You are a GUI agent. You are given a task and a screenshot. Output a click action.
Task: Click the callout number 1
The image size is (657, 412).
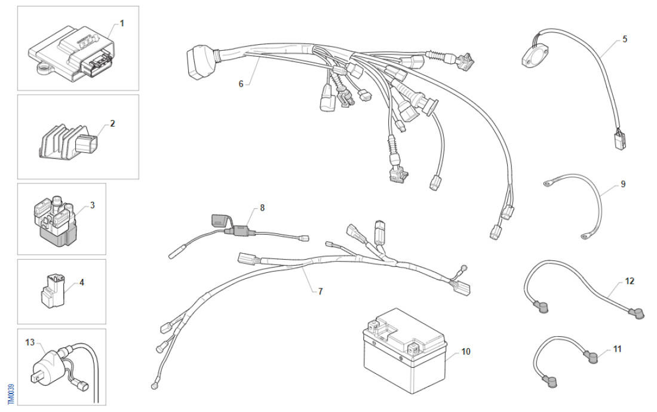pos(122,23)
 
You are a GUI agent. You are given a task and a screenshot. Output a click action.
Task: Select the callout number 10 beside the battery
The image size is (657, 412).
pos(466,352)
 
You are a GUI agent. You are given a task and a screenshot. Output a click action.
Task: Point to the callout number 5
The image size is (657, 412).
pos(625,39)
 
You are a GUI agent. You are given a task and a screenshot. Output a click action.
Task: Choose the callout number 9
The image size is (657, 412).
pos(623,184)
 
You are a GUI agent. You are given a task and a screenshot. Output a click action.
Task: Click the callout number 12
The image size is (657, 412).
pos(630,280)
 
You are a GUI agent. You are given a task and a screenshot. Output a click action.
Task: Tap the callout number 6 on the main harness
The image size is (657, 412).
pos(241,84)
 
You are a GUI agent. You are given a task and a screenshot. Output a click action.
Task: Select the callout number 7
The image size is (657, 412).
pos(320,291)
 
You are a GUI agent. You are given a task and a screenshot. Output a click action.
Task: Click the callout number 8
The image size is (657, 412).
pos(262,208)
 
